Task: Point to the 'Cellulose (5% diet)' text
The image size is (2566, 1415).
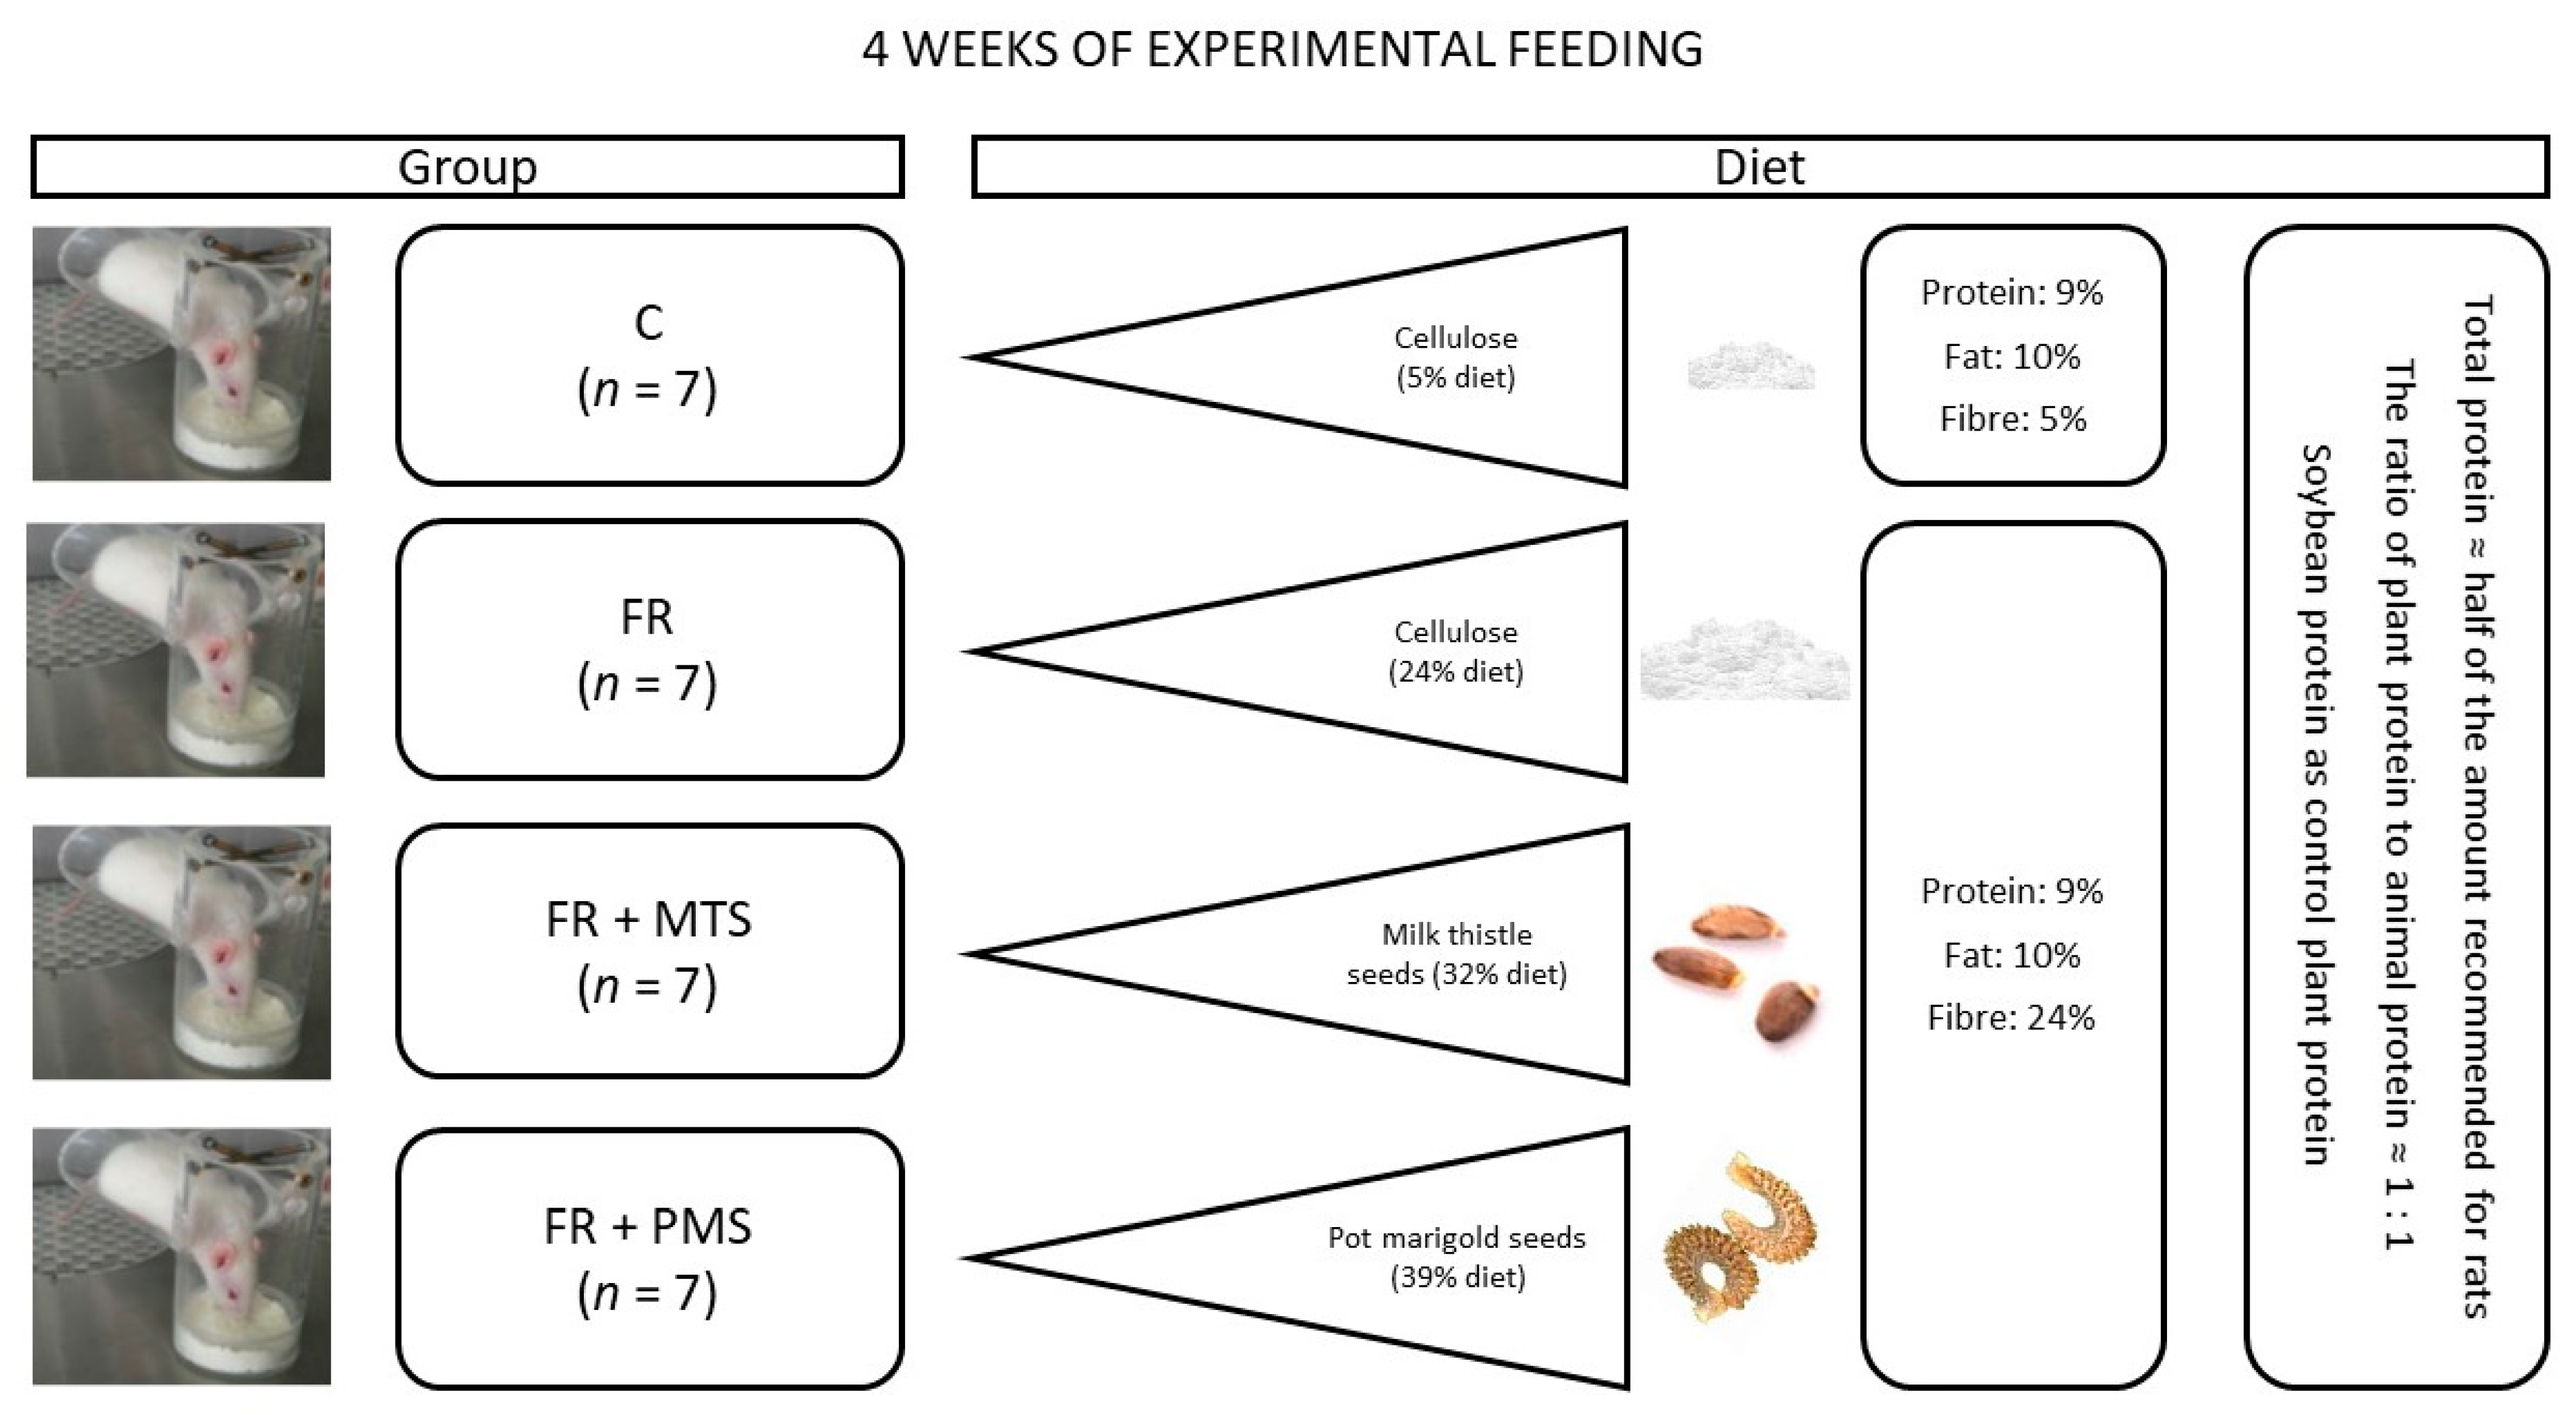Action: click(1455, 358)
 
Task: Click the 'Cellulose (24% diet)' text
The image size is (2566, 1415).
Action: click(1455, 651)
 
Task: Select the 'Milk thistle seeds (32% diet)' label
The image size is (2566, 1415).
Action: click(1456, 954)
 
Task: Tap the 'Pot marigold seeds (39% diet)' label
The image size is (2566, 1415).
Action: click(1456, 1257)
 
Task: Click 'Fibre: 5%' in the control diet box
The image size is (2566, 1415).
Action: click(2012, 419)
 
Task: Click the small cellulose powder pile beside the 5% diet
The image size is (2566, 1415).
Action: click(1750, 367)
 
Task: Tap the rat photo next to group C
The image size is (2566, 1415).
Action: click(181, 353)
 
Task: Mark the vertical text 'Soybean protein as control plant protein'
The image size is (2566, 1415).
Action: click(2315, 804)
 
